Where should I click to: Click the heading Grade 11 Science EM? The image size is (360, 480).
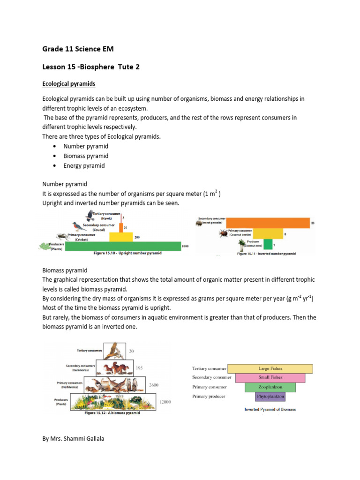pos(78,49)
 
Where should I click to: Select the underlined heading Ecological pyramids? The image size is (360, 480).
pos(69,84)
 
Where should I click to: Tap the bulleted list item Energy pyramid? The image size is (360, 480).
pos(85,166)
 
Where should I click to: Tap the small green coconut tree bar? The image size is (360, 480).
pos(267,244)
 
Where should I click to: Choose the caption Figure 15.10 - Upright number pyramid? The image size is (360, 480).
pos(127,253)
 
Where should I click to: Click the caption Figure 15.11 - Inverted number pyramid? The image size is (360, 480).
pos(266,254)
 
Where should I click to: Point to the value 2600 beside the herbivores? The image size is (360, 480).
pos(154,385)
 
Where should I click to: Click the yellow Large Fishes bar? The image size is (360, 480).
pos(270,369)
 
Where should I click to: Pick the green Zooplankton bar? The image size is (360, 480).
pos(270,388)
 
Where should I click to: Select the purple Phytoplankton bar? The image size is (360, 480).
pos(270,397)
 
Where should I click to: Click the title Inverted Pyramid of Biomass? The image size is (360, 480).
pos(270,409)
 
